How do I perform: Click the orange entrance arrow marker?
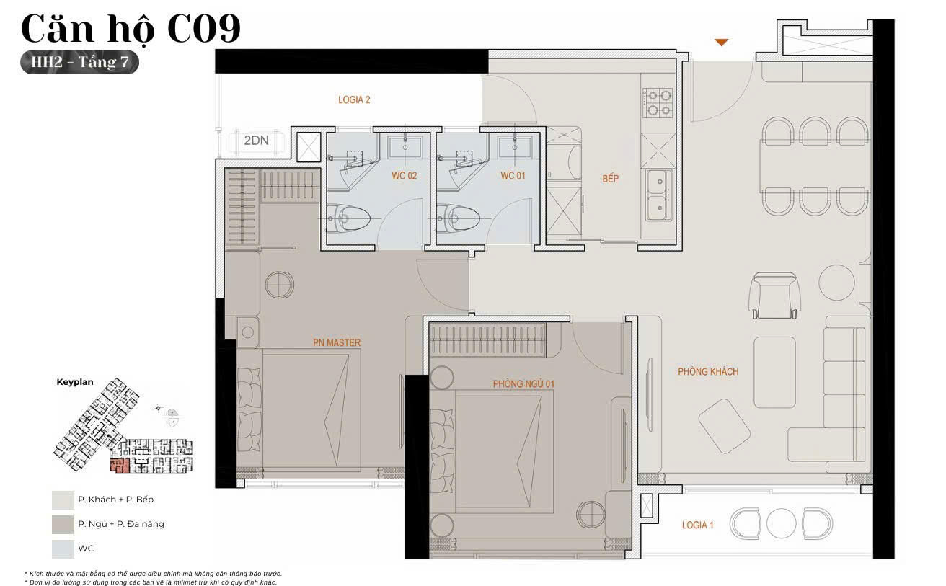721,43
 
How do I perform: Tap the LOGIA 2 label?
354,99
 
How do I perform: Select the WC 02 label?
405,176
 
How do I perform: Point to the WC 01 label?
513,176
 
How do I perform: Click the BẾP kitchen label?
610,178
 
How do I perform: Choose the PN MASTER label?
337,342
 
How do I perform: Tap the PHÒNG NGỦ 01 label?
523,383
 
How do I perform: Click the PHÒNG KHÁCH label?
708,371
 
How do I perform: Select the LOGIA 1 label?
697,525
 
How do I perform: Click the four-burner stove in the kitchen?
657,102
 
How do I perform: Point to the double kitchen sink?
658,195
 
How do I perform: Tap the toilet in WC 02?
348,218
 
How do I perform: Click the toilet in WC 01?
458,218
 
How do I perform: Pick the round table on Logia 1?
781,523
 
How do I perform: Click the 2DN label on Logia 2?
256,140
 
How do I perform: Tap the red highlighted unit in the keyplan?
120,465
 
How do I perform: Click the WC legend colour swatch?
63,549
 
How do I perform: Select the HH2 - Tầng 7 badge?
79,62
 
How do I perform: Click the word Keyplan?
75,382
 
